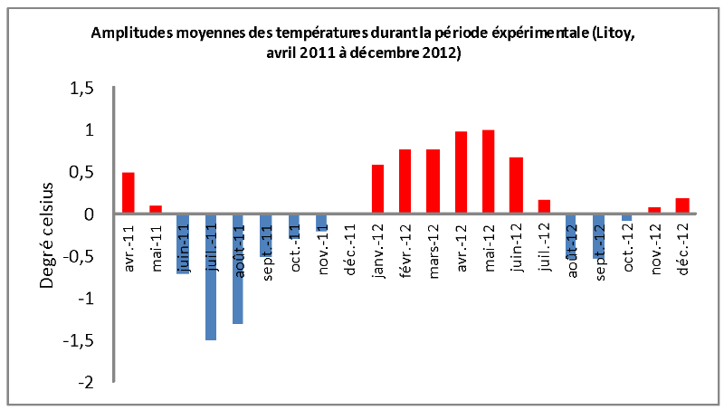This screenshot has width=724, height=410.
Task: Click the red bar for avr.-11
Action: coord(129,193)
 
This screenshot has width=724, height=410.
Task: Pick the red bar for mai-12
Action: coord(489,172)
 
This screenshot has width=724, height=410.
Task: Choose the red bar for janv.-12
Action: coord(378,189)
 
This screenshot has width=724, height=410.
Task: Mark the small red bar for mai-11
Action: coord(156,210)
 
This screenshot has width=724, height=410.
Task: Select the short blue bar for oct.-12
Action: coord(626,217)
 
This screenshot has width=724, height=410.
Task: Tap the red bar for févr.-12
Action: coord(405,181)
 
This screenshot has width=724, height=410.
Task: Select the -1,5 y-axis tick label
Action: coord(79,341)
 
